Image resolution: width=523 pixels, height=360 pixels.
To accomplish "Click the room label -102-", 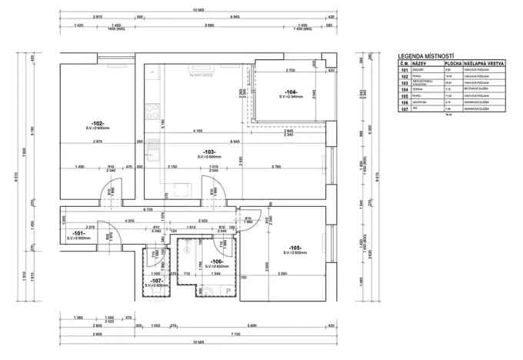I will click(97, 123).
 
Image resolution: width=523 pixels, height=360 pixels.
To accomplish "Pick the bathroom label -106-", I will click(205, 261).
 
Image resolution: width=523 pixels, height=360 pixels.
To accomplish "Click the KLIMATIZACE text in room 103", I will click(202, 75).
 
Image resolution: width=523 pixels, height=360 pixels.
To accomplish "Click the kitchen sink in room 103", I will click(153, 96).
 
